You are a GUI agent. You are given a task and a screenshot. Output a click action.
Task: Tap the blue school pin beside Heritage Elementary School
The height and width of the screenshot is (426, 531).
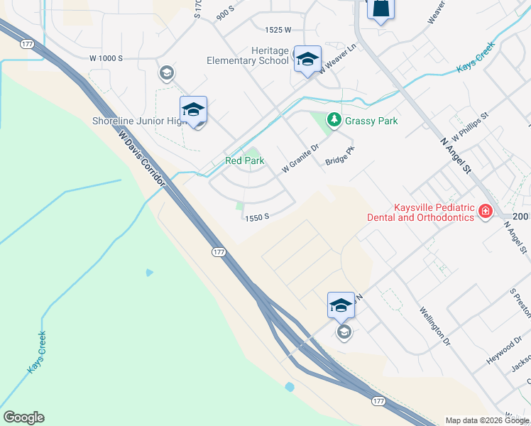[x=307, y=59]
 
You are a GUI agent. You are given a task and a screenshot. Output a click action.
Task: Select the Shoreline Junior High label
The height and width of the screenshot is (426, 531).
[x=139, y=121]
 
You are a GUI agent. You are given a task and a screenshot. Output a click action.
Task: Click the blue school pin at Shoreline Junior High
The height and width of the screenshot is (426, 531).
[x=193, y=109]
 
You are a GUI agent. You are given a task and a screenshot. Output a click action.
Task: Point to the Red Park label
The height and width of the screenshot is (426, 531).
[x=245, y=161]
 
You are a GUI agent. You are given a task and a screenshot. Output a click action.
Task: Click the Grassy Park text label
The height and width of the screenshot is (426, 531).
[x=371, y=121]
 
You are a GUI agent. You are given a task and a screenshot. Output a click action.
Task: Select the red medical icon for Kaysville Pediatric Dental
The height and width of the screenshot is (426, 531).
[x=486, y=211]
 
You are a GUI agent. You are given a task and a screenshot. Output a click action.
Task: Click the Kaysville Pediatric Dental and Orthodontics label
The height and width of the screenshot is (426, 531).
[x=420, y=211]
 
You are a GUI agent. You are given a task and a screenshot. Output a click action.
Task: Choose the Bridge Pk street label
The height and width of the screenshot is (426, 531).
[x=340, y=156]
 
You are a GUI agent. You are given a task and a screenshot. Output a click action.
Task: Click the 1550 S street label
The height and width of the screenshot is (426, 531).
[x=256, y=218]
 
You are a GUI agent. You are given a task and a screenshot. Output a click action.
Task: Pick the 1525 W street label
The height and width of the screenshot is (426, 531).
[x=278, y=30]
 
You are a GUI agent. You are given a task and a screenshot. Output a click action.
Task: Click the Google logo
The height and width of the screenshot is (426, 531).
[x=23, y=417]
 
